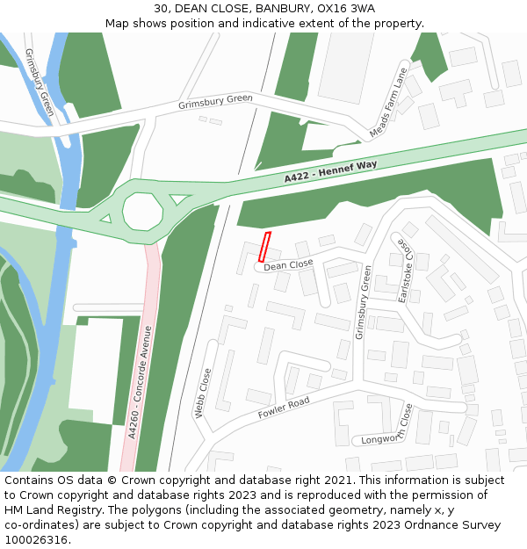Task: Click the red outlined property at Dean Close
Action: point(265,247)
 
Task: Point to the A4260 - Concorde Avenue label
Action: point(140,382)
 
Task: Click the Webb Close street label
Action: point(205,393)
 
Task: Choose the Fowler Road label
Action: point(284,408)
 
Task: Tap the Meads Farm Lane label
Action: point(389,103)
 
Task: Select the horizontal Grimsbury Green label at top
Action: point(215,103)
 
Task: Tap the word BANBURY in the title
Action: point(276,9)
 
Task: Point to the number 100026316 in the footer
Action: point(36,540)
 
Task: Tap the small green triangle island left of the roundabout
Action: point(106,217)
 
